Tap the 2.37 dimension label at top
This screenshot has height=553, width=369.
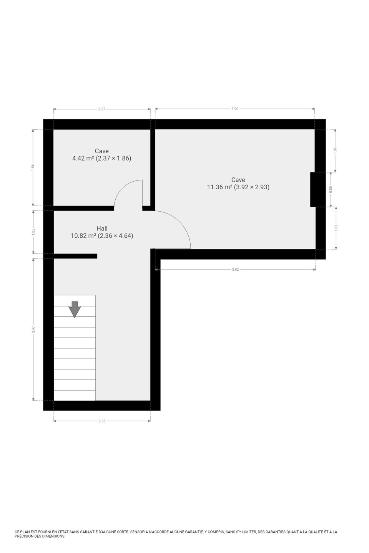click(x=102, y=109)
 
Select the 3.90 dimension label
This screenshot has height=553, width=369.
click(x=235, y=109)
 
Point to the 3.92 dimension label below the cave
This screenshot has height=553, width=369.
click(x=235, y=270)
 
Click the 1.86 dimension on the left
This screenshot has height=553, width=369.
click(x=33, y=167)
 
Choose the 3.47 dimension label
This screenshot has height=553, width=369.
click(x=33, y=329)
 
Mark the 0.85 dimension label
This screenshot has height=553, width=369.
click(x=331, y=189)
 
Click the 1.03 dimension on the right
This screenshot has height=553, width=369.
click(x=336, y=228)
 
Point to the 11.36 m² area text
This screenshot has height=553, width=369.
click(x=219, y=187)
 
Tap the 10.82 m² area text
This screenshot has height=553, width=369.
click(x=83, y=236)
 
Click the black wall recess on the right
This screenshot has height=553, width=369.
click(x=313, y=189)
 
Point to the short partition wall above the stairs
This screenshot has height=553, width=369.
click(x=75, y=256)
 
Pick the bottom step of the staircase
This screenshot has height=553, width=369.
click(x=75, y=396)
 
